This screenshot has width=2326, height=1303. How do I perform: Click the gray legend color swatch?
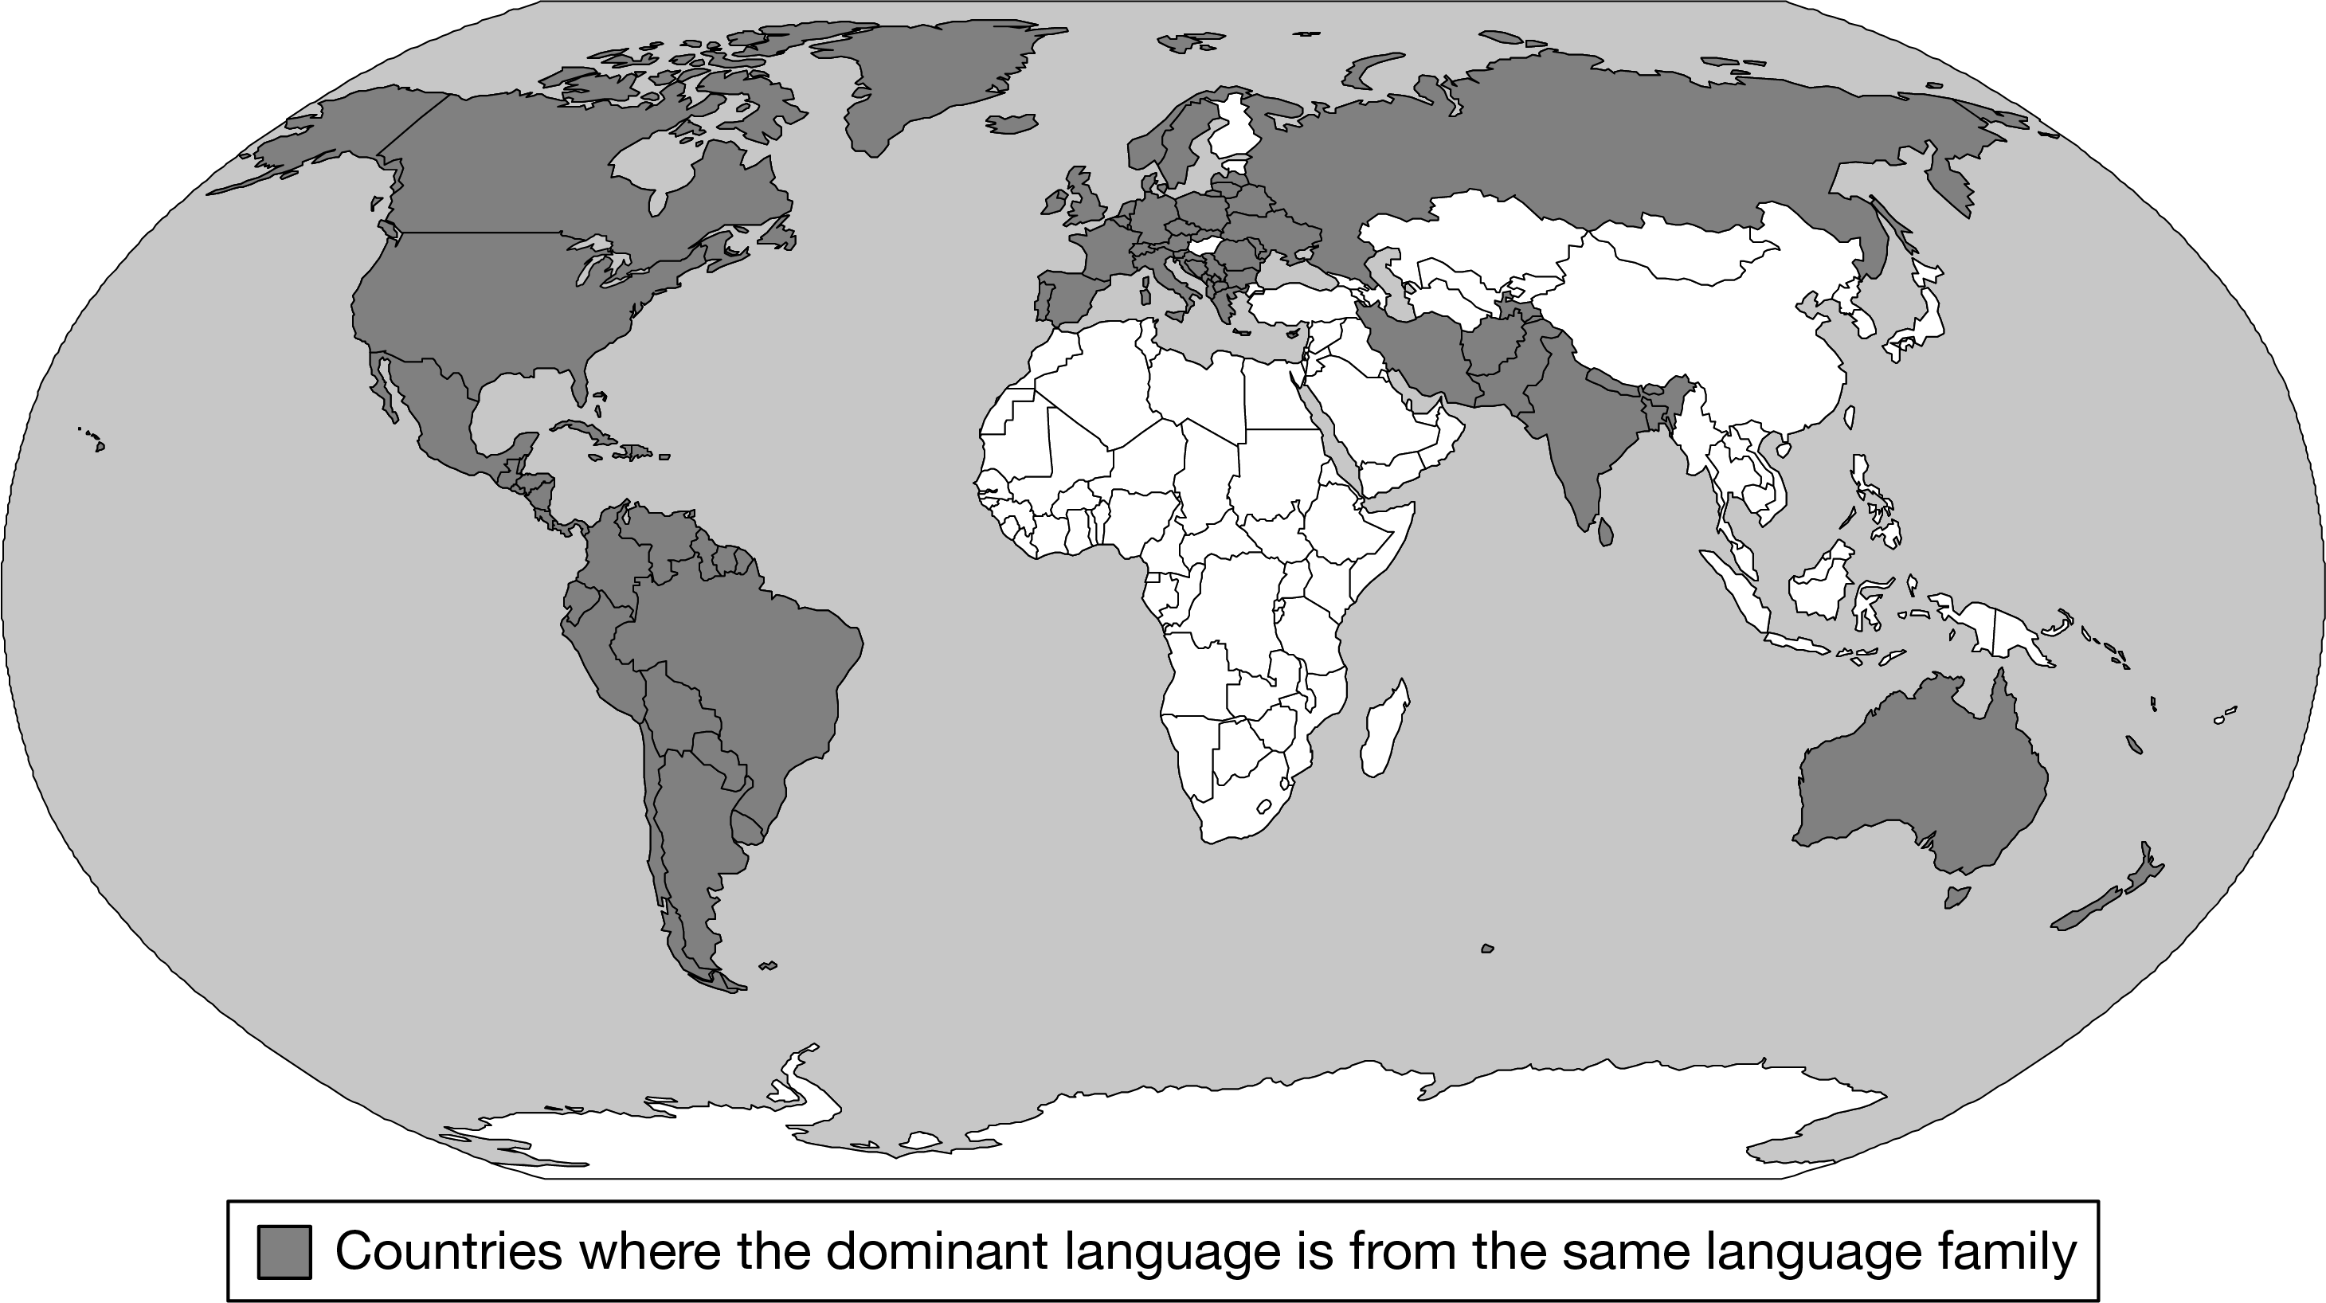284,1251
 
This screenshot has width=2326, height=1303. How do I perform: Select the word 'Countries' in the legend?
447,1251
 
